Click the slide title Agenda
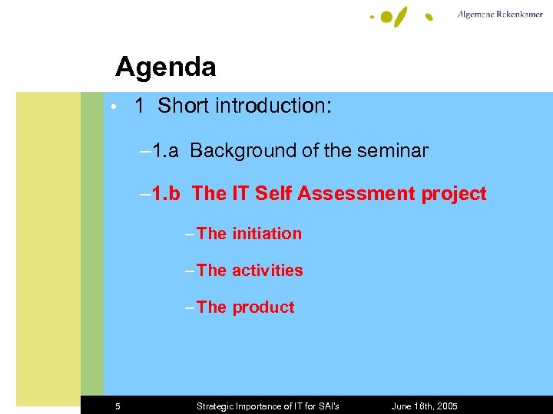[x=165, y=67]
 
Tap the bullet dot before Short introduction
[x=113, y=107]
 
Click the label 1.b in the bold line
[x=165, y=194]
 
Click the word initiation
[x=267, y=234]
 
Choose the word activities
[x=267, y=271]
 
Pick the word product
[x=263, y=307]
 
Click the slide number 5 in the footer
[x=118, y=406]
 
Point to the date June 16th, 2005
[x=424, y=406]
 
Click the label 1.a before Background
[x=164, y=150]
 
